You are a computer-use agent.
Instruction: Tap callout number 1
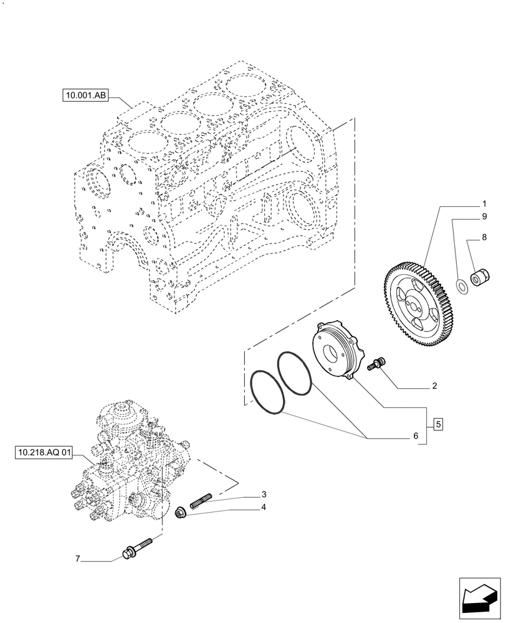point(484,204)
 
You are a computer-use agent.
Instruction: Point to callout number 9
point(484,217)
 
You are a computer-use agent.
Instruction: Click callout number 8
point(484,237)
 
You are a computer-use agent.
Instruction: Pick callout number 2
point(434,386)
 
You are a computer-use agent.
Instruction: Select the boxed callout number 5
point(438,425)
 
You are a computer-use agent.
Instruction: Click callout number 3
point(264,495)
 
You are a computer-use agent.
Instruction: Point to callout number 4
point(264,507)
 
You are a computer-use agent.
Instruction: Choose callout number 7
point(79,559)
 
